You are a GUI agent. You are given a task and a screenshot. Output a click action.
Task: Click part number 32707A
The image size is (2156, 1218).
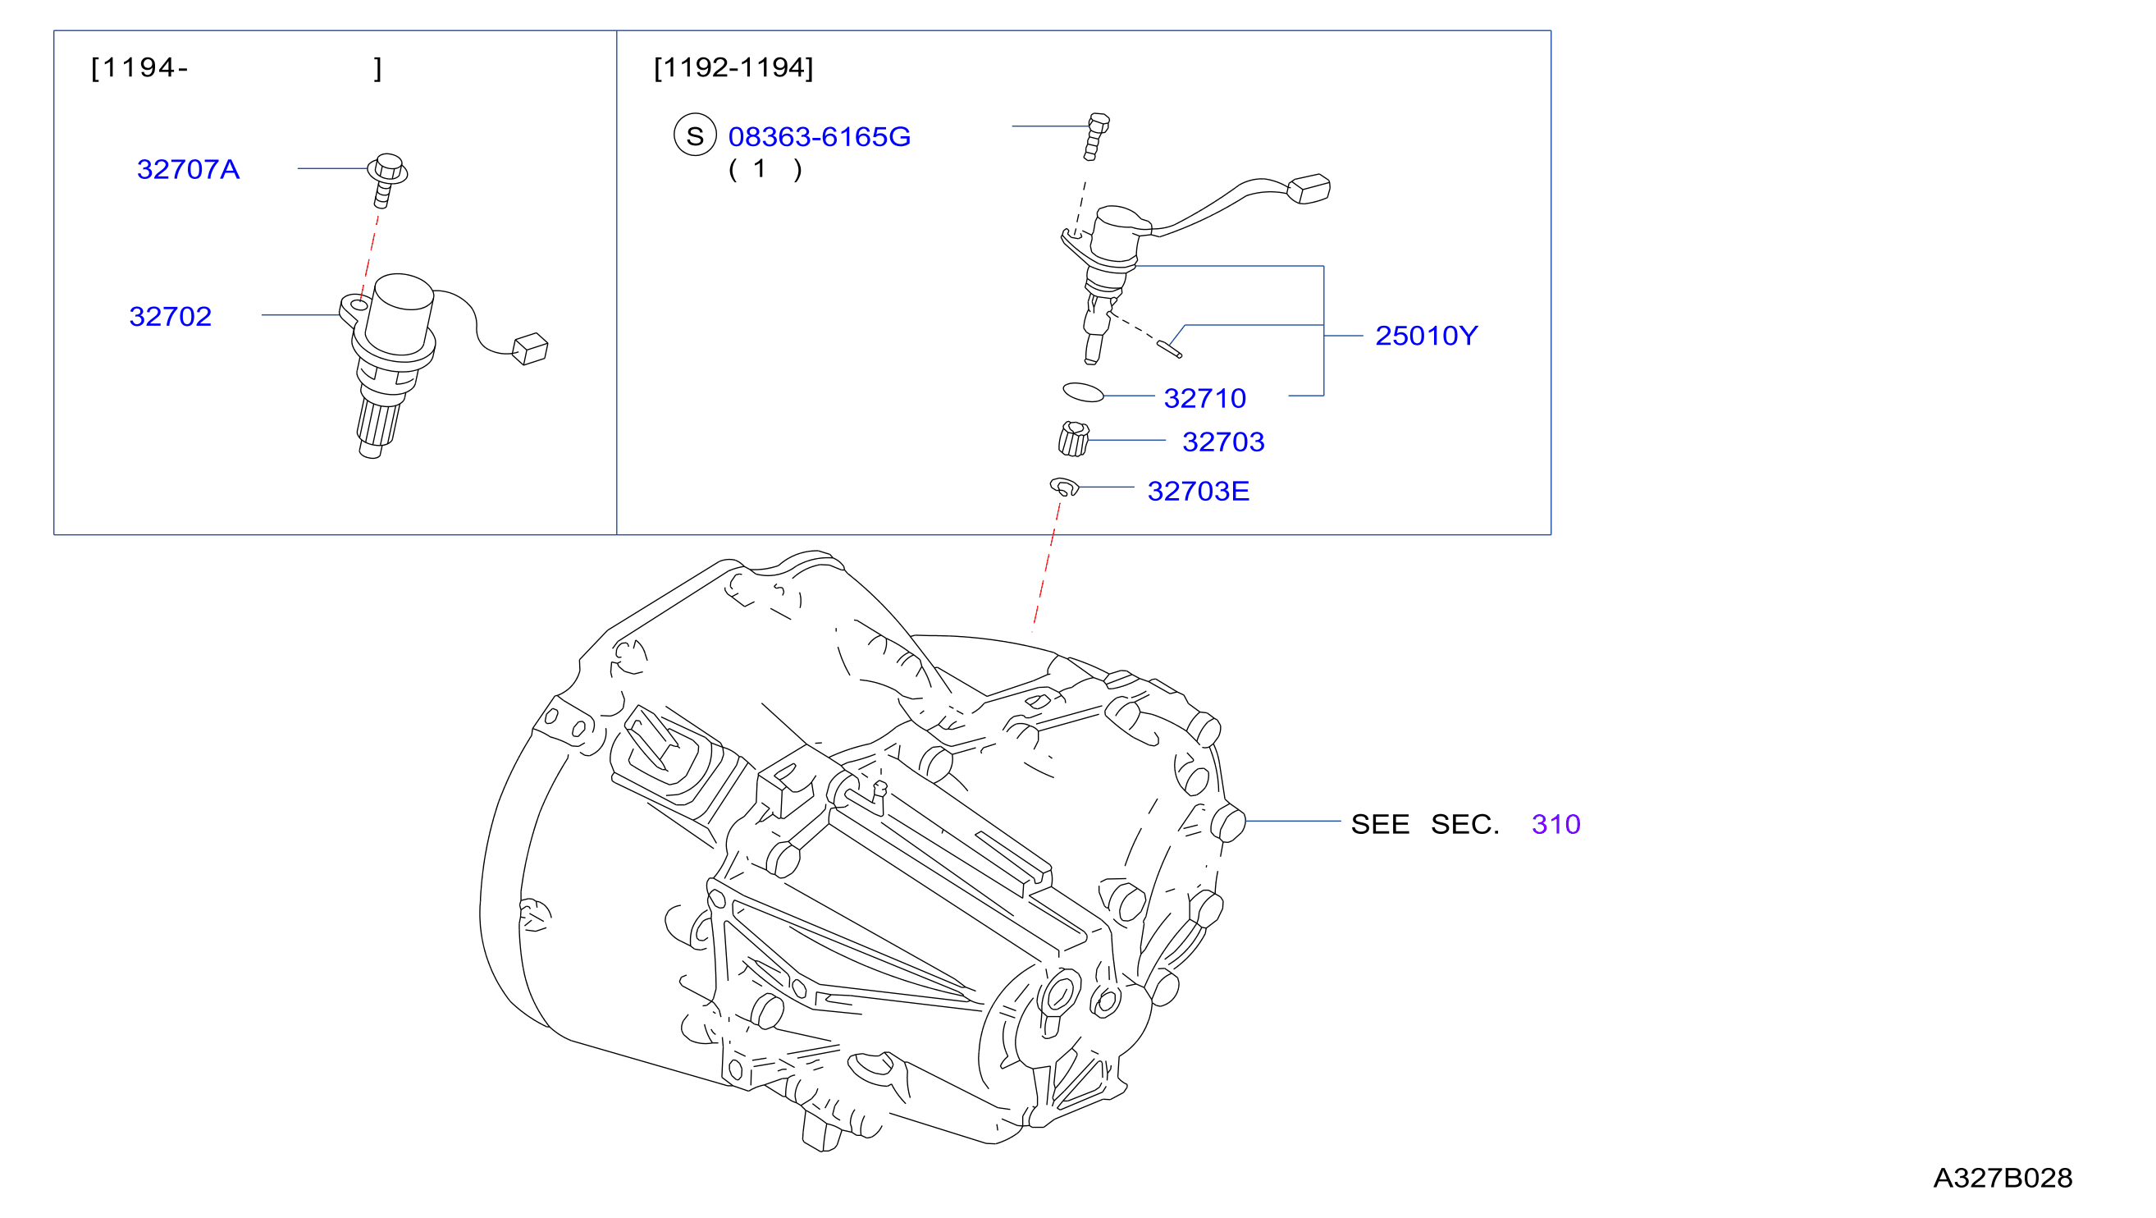[x=189, y=170]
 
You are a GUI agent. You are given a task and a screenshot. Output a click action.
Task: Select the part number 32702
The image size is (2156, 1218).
[x=171, y=317]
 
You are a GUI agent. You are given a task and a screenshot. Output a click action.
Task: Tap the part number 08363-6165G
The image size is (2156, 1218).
[x=820, y=136]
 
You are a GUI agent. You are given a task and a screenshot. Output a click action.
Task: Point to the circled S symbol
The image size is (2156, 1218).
[x=695, y=135]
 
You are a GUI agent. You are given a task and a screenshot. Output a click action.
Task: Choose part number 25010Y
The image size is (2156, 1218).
[x=1426, y=336]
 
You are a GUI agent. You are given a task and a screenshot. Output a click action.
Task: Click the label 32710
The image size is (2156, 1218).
[x=1205, y=398]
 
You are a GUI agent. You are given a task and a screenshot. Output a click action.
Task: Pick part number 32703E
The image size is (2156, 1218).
[x=1199, y=492]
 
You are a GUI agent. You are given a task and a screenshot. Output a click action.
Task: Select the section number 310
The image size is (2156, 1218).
[x=1556, y=825]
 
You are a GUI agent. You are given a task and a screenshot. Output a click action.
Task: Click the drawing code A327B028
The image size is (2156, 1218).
[x=2003, y=1179]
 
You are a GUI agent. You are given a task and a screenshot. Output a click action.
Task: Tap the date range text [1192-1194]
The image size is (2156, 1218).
[x=733, y=68]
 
